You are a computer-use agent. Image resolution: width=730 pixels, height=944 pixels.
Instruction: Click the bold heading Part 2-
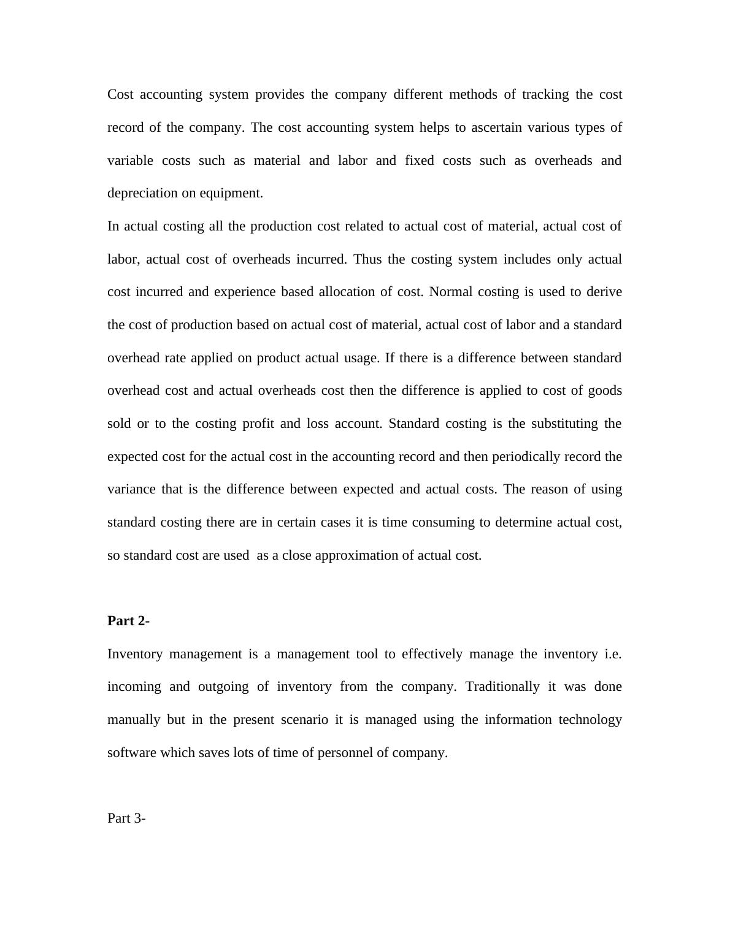(x=128, y=621)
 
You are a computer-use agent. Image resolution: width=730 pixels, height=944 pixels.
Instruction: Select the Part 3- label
(x=126, y=818)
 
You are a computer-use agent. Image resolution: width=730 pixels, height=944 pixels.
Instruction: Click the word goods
(x=604, y=390)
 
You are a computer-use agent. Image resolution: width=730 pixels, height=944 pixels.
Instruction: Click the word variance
(x=131, y=489)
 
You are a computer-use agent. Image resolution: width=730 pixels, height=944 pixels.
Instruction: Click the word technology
(x=590, y=720)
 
